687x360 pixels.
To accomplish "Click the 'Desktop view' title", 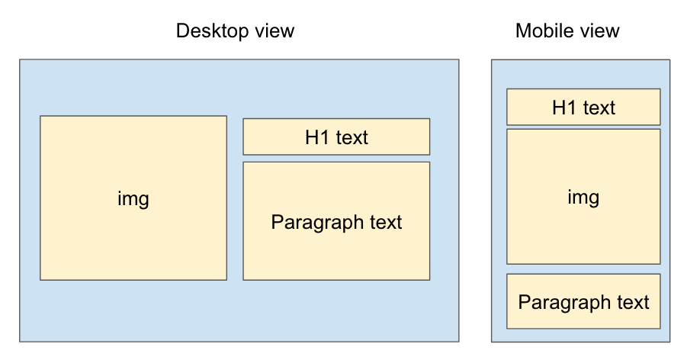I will coord(235,31).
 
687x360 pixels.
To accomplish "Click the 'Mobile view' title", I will coord(567,31).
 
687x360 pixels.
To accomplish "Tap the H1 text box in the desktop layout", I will coord(336,137).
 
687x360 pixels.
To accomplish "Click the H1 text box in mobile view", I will coord(583,108).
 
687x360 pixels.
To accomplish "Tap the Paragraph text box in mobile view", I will coord(583,301).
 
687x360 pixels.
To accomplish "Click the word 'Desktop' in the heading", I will coord(210,31).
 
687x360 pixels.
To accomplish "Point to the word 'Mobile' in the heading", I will coord(544,31).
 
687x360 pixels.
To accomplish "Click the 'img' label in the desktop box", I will coord(133,199).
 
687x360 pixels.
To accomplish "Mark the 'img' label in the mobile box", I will coord(583,198).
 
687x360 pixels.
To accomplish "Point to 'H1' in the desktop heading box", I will coord(316,138).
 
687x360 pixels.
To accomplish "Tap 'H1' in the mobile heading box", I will coord(564,108).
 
